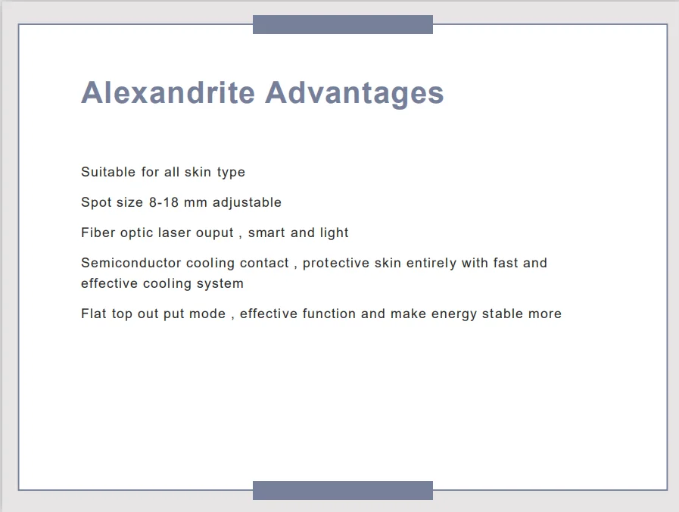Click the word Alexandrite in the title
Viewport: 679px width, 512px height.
click(x=168, y=92)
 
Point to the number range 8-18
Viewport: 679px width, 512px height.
click(x=164, y=202)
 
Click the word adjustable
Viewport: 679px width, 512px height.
click(x=247, y=203)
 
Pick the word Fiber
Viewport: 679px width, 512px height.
click(x=98, y=233)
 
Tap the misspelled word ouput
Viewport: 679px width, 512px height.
click(x=215, y=233)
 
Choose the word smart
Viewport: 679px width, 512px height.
click(x=266, y=233)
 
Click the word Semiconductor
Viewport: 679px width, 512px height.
click(x=131, y=263)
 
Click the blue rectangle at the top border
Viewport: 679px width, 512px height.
click(x=343, y=24)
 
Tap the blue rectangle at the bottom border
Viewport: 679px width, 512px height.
click(x=343, y=490)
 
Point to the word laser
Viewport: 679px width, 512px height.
click(x=175, y=233)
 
